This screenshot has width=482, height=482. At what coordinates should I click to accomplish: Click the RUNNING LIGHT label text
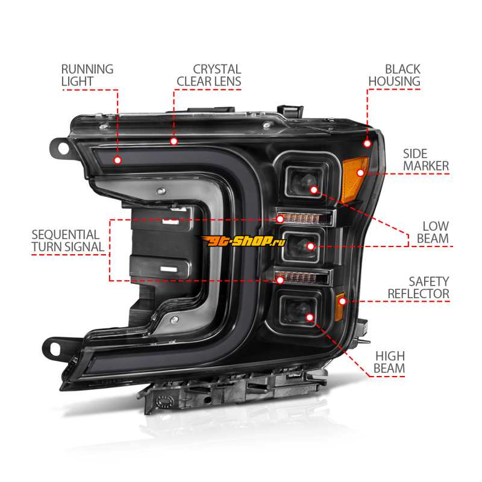87,75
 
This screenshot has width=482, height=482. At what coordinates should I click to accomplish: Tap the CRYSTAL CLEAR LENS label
209,75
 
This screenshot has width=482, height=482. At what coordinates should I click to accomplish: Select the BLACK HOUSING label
395,75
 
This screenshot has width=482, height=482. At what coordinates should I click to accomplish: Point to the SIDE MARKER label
426,160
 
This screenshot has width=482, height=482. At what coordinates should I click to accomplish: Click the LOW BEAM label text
433,233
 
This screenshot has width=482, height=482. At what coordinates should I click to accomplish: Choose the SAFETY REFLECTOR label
418,288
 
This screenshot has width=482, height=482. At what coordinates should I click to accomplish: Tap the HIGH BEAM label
389,363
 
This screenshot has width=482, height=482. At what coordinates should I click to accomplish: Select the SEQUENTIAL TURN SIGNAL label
67,241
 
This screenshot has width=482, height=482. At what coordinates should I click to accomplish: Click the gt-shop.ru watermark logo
242,241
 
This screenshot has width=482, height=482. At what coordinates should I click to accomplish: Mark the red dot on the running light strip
117,160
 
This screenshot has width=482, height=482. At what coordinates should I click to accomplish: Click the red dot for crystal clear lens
174,142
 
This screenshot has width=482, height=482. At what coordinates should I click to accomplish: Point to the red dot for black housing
367,143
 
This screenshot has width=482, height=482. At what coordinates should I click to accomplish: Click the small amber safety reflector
340,307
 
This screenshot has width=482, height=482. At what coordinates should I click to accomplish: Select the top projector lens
304,182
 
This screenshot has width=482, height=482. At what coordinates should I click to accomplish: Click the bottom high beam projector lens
297,311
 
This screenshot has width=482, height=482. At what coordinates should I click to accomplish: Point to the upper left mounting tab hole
63,149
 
